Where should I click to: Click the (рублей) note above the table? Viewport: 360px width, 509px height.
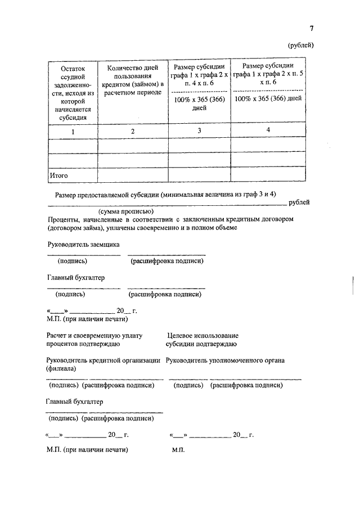301,45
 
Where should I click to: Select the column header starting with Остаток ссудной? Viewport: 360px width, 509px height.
73,93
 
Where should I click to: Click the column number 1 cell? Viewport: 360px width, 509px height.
73,131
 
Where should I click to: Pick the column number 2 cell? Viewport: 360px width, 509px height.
133,131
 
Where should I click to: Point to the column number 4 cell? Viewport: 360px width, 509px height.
268,130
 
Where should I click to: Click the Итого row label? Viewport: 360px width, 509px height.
59,175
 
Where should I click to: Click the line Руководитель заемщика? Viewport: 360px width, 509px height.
83,244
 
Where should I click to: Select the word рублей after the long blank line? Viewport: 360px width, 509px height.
299,202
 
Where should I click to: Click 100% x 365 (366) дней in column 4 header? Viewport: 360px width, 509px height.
268,98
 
